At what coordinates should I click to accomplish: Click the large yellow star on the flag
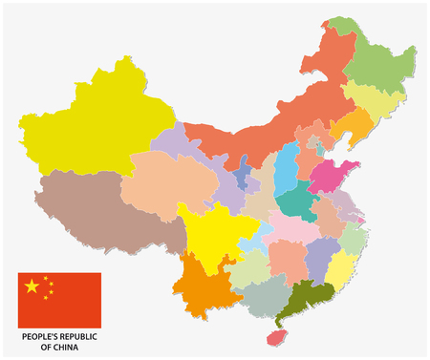(32, 286)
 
